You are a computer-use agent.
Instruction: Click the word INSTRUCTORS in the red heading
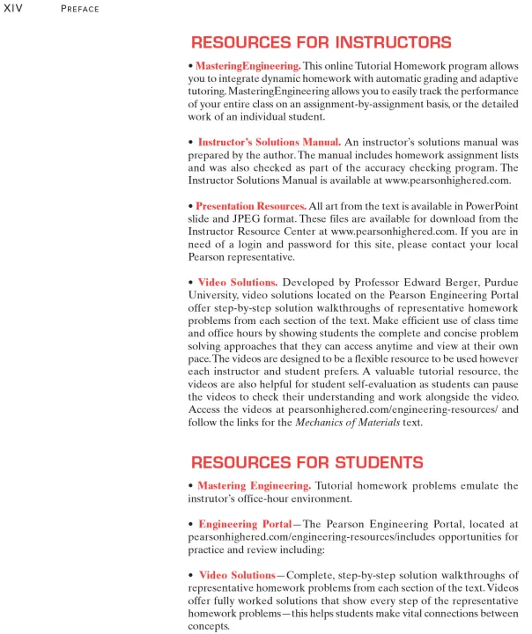pos(381,42)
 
